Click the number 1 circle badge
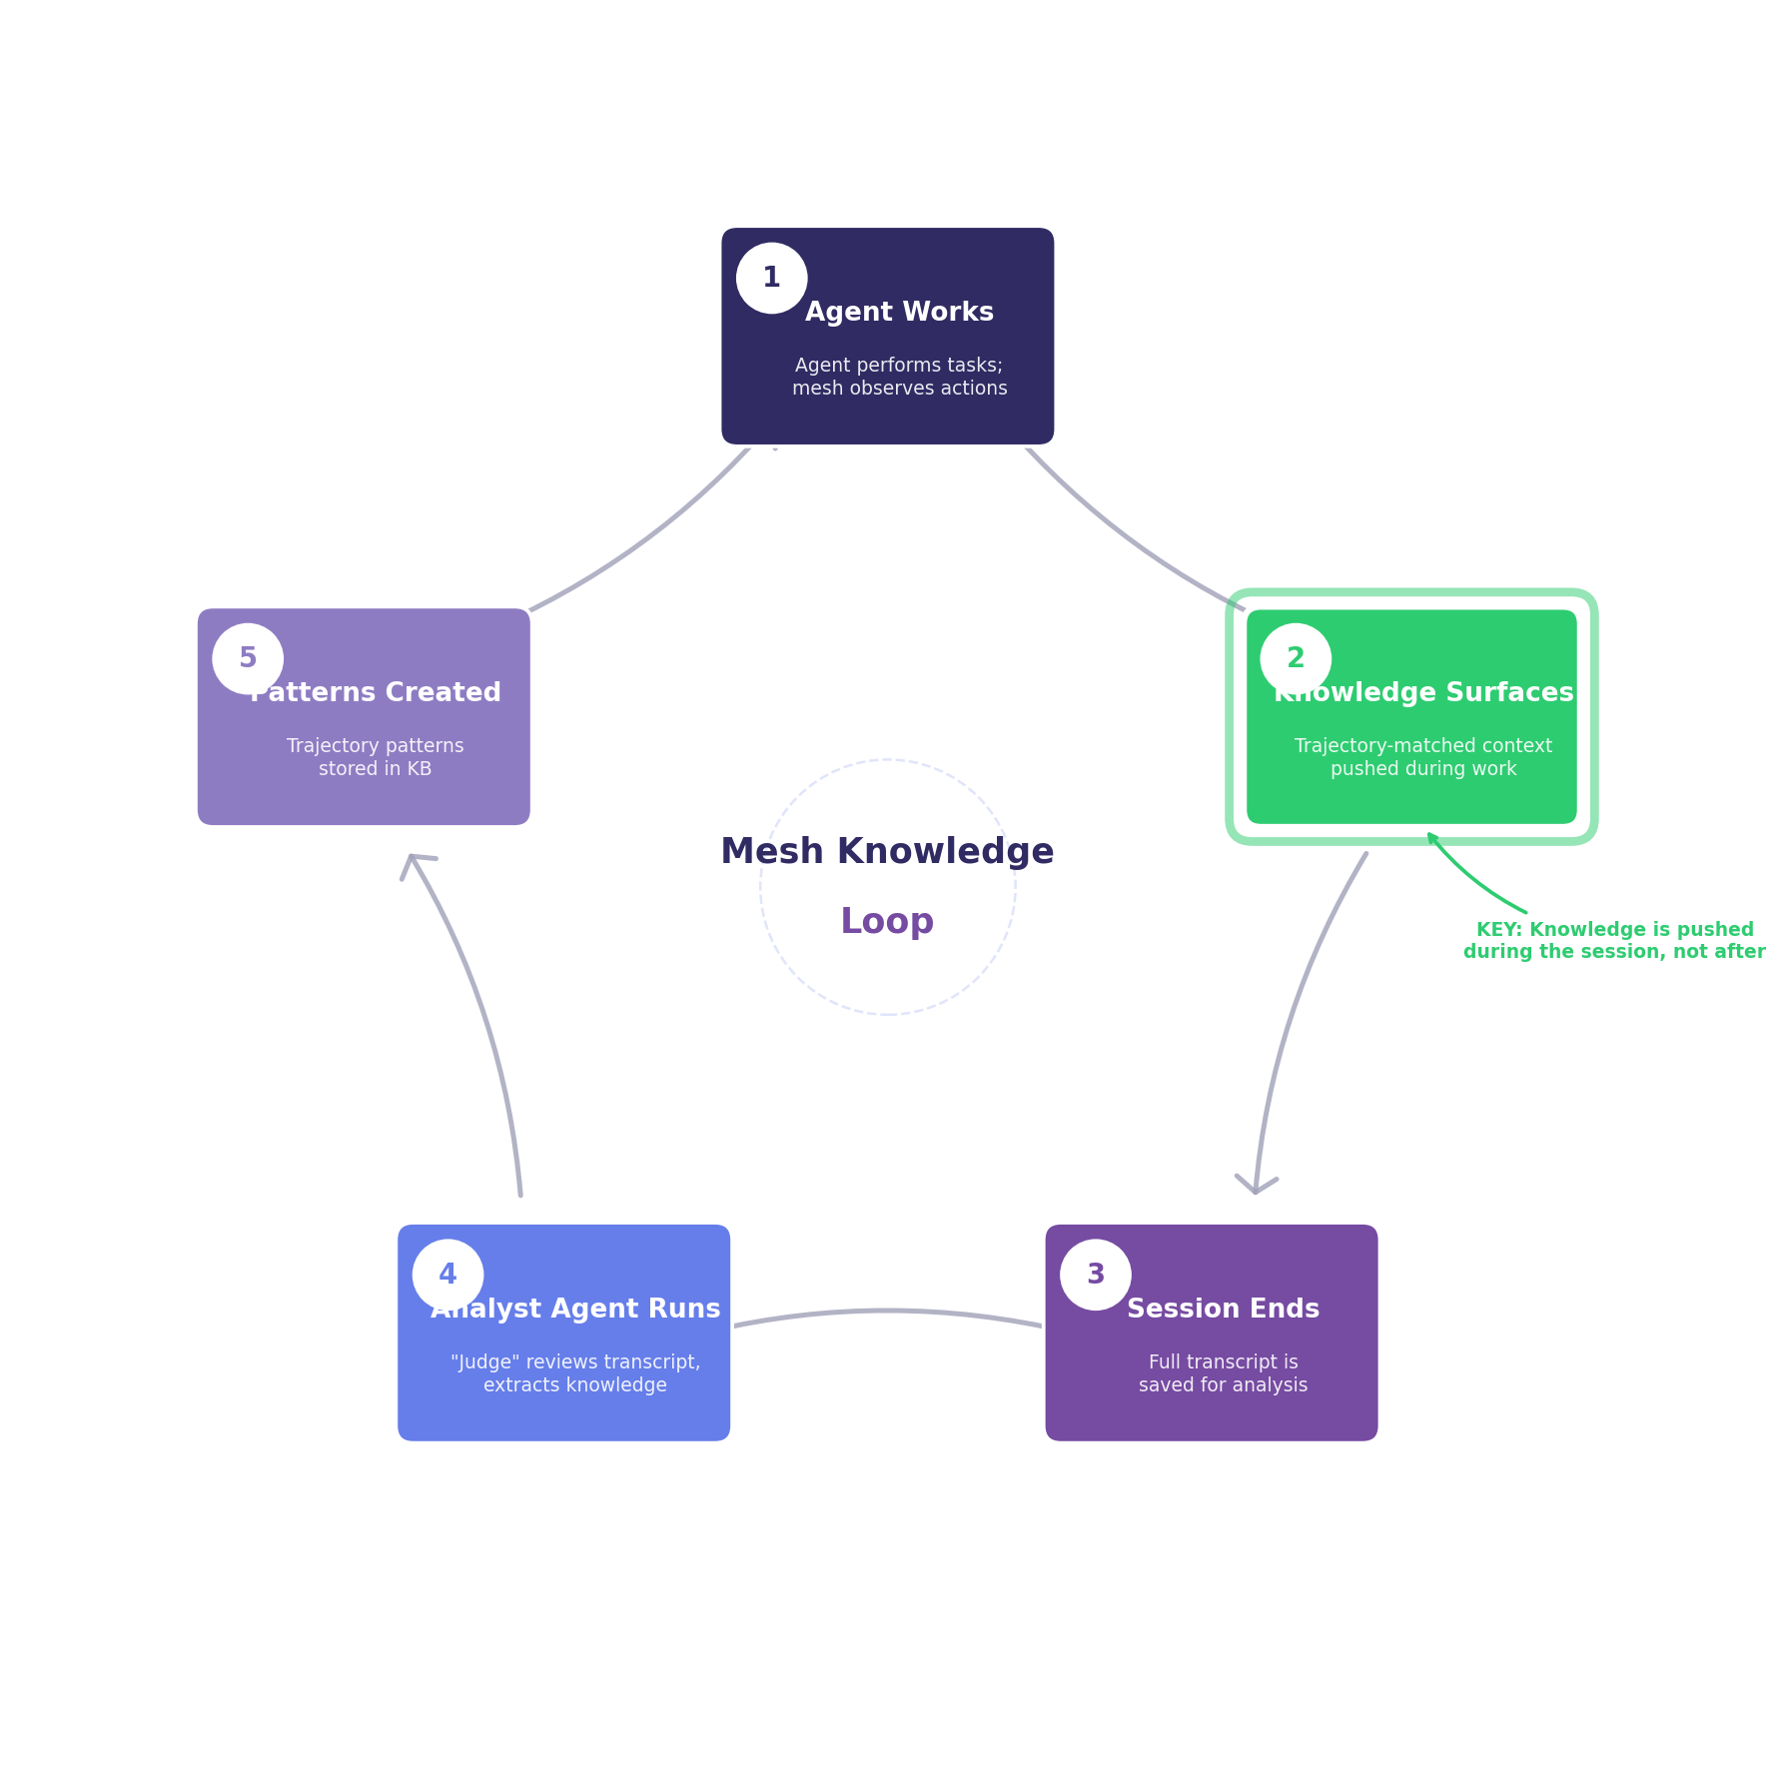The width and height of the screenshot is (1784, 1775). (x=771, y=278)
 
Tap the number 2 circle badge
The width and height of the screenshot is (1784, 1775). (x=1296, y=658)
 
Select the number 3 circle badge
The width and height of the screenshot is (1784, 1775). (x=1096, y=1275)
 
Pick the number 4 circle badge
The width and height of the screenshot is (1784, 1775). (x=447, y=1275)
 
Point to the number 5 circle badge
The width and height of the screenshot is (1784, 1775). (x=248, y=658)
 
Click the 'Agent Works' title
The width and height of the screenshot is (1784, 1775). (x=899, y=312)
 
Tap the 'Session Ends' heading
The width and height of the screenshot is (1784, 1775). (x=1223, y=1309)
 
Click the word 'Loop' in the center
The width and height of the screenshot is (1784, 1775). (x=887, y=921)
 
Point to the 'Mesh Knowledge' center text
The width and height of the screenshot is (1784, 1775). (x=887, y=852)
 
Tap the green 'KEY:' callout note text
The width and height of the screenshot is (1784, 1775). (x=1614, y=941)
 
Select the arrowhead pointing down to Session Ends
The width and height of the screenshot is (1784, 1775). (x=1256, y=1185)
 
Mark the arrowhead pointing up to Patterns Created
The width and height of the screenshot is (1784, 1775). (x=413, y=863)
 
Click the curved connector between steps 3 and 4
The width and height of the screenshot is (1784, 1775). (x=887, y=1312)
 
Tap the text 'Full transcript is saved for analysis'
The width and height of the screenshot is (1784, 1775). (x=1223, y=1373)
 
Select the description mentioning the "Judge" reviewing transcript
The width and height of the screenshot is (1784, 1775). (x=575, y=1373)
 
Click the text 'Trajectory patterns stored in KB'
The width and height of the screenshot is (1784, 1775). (x=375, y=757)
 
